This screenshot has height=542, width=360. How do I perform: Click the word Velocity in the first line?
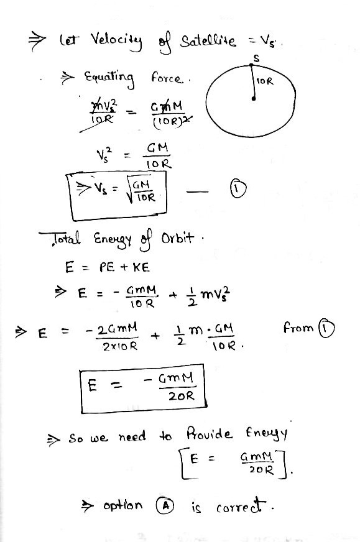tap(116, 42)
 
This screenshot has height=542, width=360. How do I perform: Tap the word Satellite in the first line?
tap(208, 42)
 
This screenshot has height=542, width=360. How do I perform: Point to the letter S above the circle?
tap(256, 58)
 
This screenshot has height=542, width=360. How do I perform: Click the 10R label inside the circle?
tap(265, 81)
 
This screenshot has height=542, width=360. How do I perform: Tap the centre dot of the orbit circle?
tap(254, 98)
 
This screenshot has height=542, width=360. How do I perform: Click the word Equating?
tap(109, 78)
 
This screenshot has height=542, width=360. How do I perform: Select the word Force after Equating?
tap(166, 78)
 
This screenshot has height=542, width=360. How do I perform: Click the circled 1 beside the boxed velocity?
tap(238, 189)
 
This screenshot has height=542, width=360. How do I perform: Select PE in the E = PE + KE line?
tap(107, 267)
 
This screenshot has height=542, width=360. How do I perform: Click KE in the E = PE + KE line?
tap(141, 267)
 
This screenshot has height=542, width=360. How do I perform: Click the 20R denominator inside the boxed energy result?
tap(181, 396)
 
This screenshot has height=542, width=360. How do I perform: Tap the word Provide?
tap(209, 433)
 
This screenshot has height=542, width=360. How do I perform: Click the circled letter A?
tap(165, 506)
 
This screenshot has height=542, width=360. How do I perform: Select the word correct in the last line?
tap(241, 506)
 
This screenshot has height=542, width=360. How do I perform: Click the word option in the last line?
tap(122, 505)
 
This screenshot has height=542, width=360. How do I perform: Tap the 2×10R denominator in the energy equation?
tap(120, 346)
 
